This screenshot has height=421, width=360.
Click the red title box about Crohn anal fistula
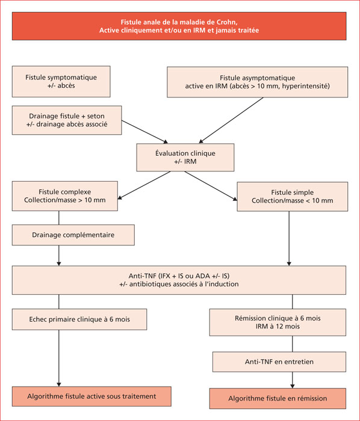click(179, 26)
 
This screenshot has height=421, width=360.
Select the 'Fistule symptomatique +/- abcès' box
click(61, 81)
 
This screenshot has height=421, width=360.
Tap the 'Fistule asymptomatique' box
click(258, 82)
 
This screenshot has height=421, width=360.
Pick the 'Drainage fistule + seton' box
click(67, 120)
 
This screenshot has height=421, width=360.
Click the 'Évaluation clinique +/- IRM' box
click(185, 158)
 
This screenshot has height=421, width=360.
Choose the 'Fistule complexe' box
click(65, 195)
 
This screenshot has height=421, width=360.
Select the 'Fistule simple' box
click(293, 197)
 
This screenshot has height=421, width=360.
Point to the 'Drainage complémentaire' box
click(73, 235)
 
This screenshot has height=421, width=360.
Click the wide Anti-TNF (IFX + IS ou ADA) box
click(179, 280)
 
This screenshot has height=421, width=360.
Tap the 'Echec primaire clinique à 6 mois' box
click(79, 319)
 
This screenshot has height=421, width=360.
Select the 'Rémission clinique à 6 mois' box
click(278, 322)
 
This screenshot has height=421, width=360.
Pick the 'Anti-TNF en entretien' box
click(279, 361)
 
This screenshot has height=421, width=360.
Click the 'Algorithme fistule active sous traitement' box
click(92, 396)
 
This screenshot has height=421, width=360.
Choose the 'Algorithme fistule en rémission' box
click(278, 398)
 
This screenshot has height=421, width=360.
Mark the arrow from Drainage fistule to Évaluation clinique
click(145, 132)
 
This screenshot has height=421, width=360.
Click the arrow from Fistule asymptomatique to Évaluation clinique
click(231, 120)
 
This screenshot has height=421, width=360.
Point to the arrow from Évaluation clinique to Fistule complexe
click(144, 185)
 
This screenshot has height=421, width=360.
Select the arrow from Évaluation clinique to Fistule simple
click(211, 186)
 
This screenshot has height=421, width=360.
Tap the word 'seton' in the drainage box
click(96, 116)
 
